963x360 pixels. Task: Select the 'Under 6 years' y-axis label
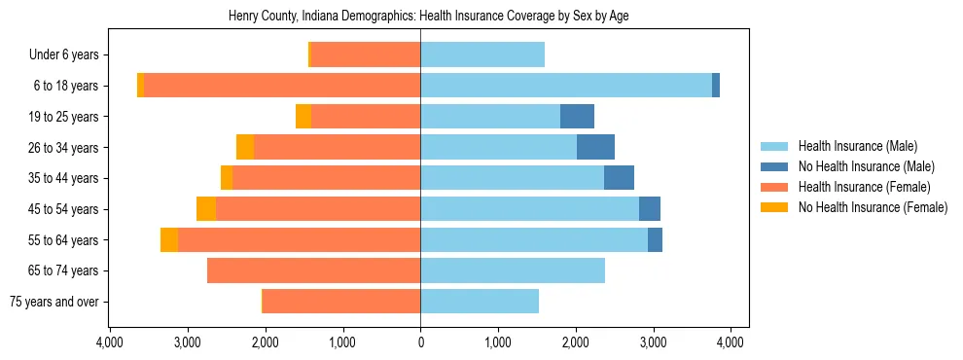coord(70,54)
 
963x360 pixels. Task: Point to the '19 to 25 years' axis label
coord(65,117)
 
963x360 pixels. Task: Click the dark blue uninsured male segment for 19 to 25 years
coord(577,117)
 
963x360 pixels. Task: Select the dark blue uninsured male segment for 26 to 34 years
coord(595,147)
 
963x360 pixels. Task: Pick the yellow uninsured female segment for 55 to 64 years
coord(169,239)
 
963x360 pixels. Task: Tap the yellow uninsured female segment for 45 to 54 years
coord(206,209)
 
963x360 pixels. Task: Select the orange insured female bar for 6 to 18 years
coord(282,86)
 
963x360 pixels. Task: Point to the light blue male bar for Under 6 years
coord(482,54)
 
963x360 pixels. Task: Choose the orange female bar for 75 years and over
coord(341,302)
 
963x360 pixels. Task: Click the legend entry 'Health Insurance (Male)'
coord(857,146)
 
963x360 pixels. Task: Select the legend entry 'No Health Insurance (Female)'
coord(873,207)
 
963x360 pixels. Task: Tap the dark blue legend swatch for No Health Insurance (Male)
coord(774,166)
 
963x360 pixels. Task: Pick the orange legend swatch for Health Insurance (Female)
coord(774,187)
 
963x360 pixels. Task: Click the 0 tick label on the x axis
coord(420,342)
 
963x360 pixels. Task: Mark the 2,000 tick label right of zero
coord(575,342)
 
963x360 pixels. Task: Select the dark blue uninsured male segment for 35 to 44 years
coord(619,178)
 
